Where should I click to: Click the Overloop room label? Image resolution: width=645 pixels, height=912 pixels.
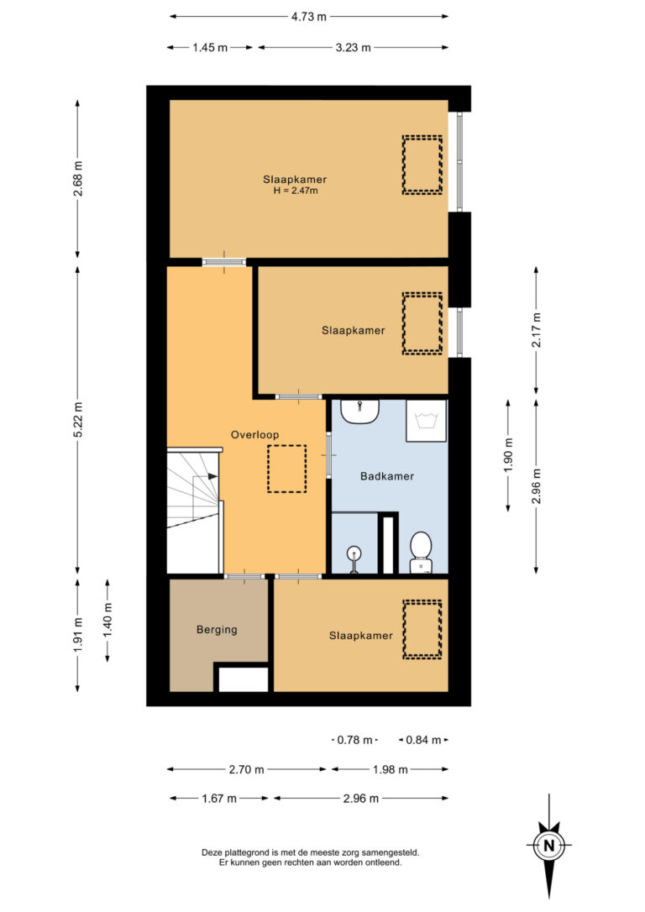pos(254,434)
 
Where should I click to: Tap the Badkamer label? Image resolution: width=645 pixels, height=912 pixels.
pos(387,476)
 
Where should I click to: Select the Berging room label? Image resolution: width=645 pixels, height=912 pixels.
pos(217,629)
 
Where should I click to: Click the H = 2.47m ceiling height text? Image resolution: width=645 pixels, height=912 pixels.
pos(296,190)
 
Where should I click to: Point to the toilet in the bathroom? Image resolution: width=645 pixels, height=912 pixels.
pos(421,552)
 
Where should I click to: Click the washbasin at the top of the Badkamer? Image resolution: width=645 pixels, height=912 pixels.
pos(360,411)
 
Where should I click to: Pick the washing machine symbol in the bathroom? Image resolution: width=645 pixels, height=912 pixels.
pos(427,421)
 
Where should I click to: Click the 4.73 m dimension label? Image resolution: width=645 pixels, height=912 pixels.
pos(309,16)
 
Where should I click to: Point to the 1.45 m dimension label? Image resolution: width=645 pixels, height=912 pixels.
pos(210,48)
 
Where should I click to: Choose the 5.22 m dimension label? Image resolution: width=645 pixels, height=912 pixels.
pos(78,419)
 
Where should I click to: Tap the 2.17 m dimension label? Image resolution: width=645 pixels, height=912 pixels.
pos(536,330)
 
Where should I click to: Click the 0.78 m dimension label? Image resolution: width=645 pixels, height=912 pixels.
pos(354,740)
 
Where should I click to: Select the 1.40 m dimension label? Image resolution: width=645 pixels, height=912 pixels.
pos(107,620)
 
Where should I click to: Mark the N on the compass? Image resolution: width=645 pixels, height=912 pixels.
pos(548,845)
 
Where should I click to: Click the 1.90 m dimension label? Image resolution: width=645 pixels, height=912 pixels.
pos(508,454)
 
